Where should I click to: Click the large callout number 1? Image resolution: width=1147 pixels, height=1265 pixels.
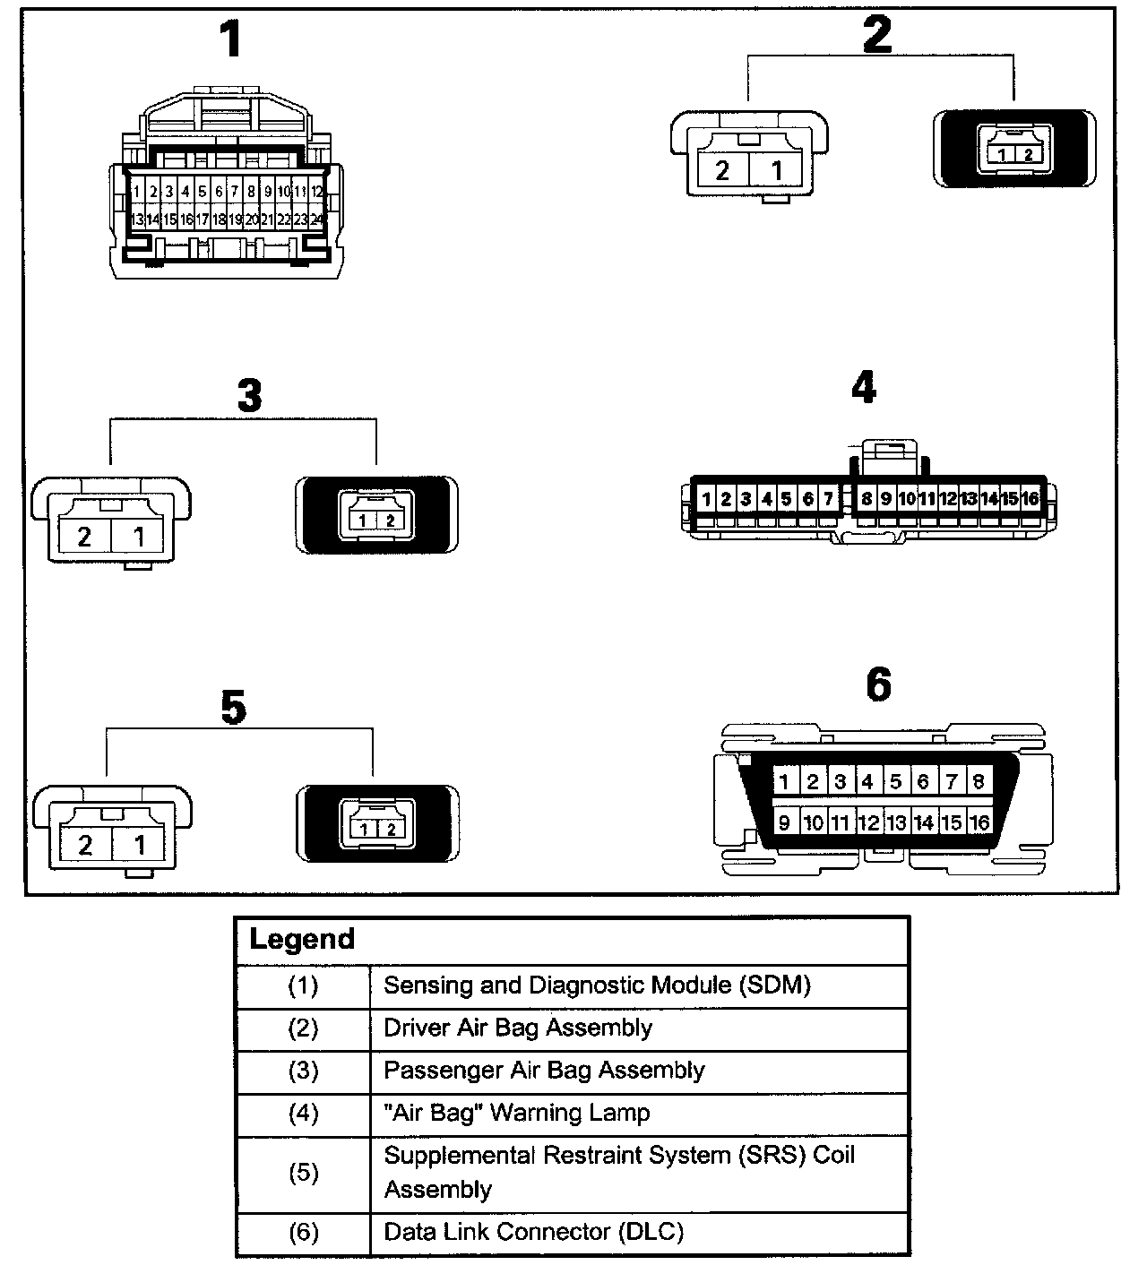point(230,41)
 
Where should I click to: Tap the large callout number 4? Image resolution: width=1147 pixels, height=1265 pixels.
point(863,388)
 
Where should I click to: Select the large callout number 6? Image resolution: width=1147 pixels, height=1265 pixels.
point(878,685)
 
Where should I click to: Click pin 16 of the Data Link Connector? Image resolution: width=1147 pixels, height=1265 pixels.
point(979,822)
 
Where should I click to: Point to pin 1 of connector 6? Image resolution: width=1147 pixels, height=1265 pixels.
point(784,781)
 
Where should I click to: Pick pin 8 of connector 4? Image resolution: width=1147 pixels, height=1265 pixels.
point(867,499)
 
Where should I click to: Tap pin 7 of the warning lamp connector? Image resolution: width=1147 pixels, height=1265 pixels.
point(828,499)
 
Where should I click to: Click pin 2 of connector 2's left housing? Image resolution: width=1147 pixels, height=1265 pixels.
point(722,170)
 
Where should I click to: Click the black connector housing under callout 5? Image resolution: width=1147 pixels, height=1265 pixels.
point(377,824)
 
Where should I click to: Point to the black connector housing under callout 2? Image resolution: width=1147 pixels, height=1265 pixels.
point(1014,149)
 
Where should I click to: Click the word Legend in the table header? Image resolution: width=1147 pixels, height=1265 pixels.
point(302,940)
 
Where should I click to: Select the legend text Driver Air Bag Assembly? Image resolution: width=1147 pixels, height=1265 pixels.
point(518,1028)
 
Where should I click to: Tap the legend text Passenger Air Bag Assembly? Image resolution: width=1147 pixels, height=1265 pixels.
point(544,1071)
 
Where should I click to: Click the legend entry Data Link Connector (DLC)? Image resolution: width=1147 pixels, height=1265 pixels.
point(533,1232)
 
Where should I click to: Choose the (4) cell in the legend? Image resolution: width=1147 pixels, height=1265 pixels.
point(303,1114)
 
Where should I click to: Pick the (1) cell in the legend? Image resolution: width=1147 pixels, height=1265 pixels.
point(303,985)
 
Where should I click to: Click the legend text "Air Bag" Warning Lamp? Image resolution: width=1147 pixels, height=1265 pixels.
point(517,1114)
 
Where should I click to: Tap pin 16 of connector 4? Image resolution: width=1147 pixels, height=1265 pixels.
point(1030,499)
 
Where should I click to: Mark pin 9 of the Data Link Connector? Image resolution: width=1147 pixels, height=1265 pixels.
point(784,822)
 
